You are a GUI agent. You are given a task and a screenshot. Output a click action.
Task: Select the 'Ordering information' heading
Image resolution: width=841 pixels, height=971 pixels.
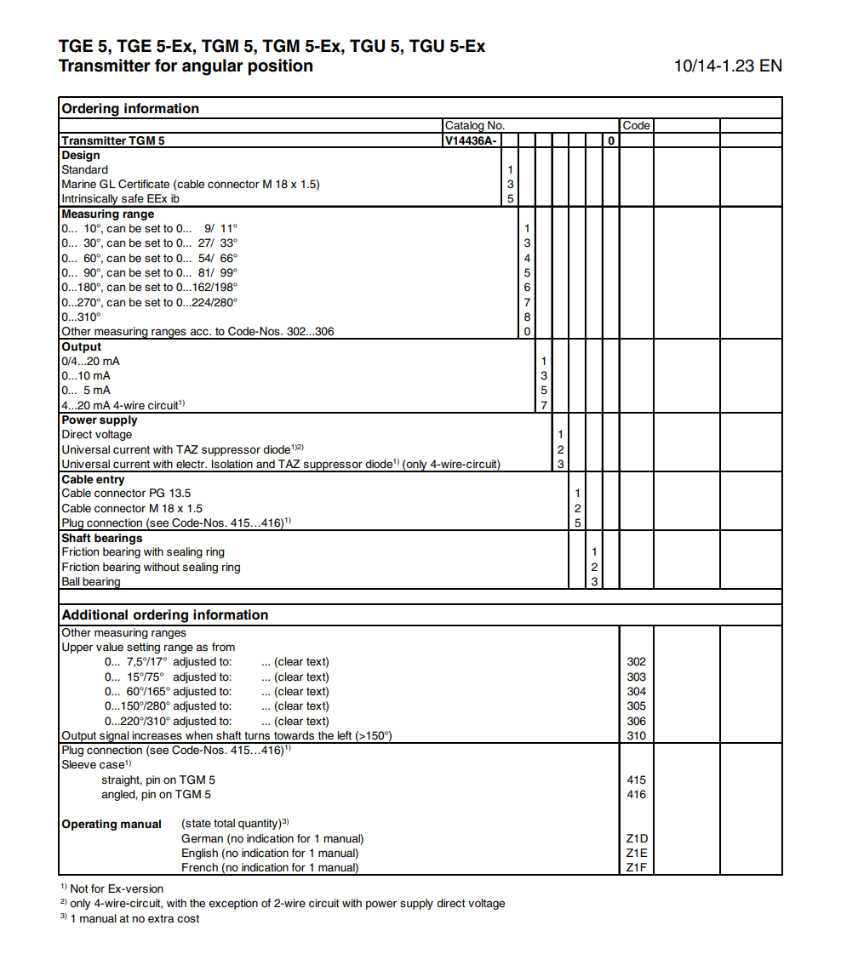pyautogui.click(x=130, y=108)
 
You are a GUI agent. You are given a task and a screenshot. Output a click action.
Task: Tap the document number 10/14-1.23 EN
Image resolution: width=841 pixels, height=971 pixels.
pyautogui.click(x=728, y=66)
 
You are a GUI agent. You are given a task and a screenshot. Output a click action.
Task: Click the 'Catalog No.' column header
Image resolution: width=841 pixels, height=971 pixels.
pyautogui.click(x=475, y=125)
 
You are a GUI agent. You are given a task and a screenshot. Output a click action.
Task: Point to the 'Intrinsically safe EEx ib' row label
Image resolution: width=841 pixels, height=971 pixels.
pyautogui.click(x=120, y=198)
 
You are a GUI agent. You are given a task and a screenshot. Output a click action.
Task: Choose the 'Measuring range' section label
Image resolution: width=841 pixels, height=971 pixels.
pyautogui.click(x=108, y=214)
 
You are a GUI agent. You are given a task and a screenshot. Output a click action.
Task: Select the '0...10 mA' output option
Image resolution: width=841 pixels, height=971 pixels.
pyautogui.click(x=86, y=375)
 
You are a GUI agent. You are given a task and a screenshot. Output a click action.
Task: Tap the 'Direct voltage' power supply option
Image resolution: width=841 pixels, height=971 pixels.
pyautogui.click(x=97, y=434)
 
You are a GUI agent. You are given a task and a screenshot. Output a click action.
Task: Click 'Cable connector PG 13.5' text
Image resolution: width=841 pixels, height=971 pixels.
pyautogui.click(x=126, y=493)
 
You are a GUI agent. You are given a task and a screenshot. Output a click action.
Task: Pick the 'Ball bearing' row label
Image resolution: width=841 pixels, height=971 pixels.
pyautogui.click(x=91, y=581)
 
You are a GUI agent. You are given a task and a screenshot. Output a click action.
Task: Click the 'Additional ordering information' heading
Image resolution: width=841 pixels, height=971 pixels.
pyautogui.click(x=165, y=614)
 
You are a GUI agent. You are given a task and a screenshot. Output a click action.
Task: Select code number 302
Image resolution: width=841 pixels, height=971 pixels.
pyautogui.click(x=636, y=661)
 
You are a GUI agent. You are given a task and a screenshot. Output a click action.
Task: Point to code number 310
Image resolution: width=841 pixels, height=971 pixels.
pyautogui.click(x=636, y=735)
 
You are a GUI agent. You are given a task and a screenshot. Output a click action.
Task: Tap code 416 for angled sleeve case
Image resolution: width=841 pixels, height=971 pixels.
pyautogui.click(x=636, y=794)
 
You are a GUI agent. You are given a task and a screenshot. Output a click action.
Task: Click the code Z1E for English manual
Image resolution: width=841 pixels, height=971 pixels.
pyautogui.click(x=637, y=853)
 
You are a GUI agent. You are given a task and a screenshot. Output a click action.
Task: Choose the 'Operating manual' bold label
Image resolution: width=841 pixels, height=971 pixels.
pyautogui.click(x=112, y=824)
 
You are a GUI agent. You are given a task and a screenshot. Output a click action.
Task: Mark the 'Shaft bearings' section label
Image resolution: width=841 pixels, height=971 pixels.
pyautogui.click(x=102, y=538)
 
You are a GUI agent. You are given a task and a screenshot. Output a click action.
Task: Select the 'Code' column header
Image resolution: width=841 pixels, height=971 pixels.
pyautogui.click(x=636, y=125)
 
